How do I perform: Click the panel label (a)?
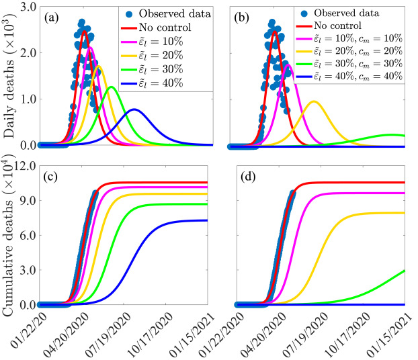pyautogui.click(x=52, y=18)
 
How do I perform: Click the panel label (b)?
pyautogui.click(x=241, y=18)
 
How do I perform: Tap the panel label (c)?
pyautogui.click(x=50, y=177)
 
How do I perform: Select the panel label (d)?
pyautogui.click(x=248, y=177)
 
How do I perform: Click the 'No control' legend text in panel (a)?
pyautogui.click(x=165, y=28)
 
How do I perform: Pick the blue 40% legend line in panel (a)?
pyautogui.click(x=129, y=83)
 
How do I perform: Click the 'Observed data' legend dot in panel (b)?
pyautogui.click(x=304, y=13)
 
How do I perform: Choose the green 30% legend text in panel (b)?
pyautogui.click(x=358, y=64)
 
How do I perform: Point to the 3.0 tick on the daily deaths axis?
pyautogui.click(x=28, y=7)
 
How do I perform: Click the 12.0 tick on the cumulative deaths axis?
pyautogui.click(x=25, y=166)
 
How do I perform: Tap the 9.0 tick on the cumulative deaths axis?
pyautogui.click(x=28, y=200)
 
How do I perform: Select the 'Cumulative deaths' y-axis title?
pyautogui.click(x=9, y=235)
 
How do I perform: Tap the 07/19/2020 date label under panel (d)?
pyautogui.click(x=305, y=334)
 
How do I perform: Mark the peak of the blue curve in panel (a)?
pyautogui.click(x=134, y=109)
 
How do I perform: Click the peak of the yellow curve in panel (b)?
pyautogui.click(x=314, y=101)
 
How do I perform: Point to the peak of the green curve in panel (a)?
pyautogui.click(x=112, y=87)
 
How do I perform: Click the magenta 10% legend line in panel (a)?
pyautogui.click(x=129, y=42)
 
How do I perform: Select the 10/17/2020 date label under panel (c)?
pyautogui.click(x=151, y=334)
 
